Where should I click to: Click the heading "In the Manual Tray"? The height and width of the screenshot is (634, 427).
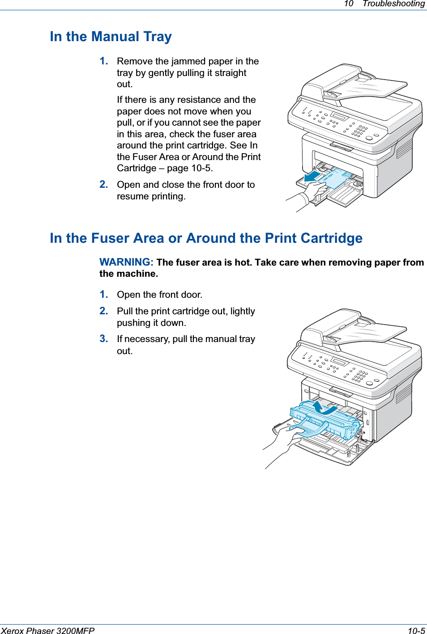click(x=111, y=37)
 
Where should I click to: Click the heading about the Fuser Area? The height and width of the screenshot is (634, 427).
click(x=206, y=238)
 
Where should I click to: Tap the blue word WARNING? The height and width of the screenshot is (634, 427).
click(x=126, y=262)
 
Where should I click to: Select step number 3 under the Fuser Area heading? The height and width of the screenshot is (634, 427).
click(x=104, y=339)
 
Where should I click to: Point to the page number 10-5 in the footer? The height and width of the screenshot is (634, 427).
click(x=416, y=630)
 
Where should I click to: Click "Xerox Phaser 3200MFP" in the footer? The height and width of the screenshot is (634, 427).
click(x=47, y=630)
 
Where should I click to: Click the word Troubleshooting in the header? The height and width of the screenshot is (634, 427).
click(x=393, y=4)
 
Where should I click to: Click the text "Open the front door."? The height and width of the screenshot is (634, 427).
click(x=159, y=295)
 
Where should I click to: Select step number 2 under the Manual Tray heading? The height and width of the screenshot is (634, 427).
click(x=104, y=185)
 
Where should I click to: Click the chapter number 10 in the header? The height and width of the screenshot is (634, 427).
click(x=348, y=4)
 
